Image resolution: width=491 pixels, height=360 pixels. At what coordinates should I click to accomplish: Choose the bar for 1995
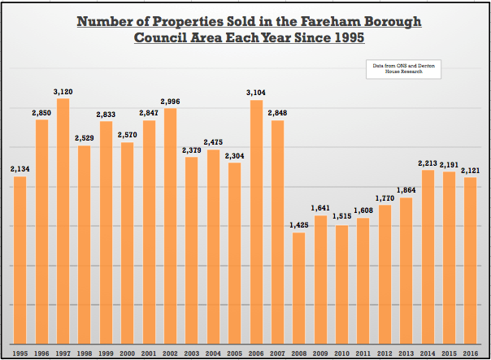coord(20,260)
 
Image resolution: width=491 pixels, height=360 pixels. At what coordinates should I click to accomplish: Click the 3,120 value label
coord(63,91)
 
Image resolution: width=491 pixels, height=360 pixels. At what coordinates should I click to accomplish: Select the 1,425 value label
coord(298,225)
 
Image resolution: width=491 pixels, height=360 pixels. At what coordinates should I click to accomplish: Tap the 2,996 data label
coord(170,101)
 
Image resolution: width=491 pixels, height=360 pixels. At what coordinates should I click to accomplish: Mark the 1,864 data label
coord(406,189)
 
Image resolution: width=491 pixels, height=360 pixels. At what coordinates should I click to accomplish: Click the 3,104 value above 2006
coord(255,93)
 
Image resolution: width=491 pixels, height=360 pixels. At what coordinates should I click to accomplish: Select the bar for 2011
coord(363,280)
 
